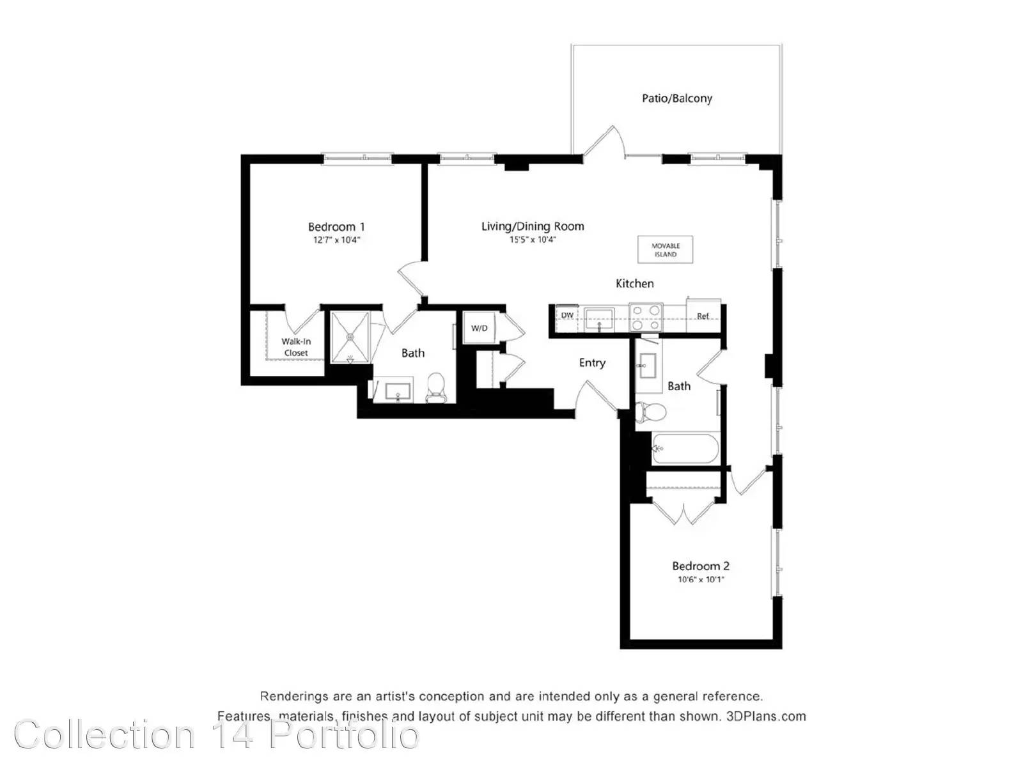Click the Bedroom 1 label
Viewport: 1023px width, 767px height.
[x=336, y=227]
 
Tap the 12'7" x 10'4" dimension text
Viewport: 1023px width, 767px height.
[x=336, y=240]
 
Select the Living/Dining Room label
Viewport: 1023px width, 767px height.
[x=532, y=226]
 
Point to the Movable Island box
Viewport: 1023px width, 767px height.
[x=665, y=250]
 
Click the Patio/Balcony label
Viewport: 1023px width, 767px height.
[x=676, y=98]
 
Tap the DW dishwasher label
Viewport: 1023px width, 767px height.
[x=566, y=315]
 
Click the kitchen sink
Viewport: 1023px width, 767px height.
[x=599, y=318]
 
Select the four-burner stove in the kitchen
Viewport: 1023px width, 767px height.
[x=646, y=317]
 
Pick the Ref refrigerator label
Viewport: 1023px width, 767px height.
[x=703, y=316]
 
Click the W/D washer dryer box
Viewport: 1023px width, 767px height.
[x=479, y=328]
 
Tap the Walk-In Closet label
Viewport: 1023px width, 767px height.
[x=296, y=347]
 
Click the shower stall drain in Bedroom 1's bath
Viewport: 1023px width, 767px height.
[x=350, y=336]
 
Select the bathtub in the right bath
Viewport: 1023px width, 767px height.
[x=685, y=449]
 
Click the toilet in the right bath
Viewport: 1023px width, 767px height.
[x=651, y=412]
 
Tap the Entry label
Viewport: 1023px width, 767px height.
[x=592, y=363]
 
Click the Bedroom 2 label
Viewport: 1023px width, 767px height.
[x=701, y=566]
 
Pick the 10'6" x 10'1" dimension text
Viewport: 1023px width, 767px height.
[x=701, y=580]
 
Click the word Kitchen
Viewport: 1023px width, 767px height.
[x=634, y=283]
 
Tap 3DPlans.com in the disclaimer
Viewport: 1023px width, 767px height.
[x=766, y=717]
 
